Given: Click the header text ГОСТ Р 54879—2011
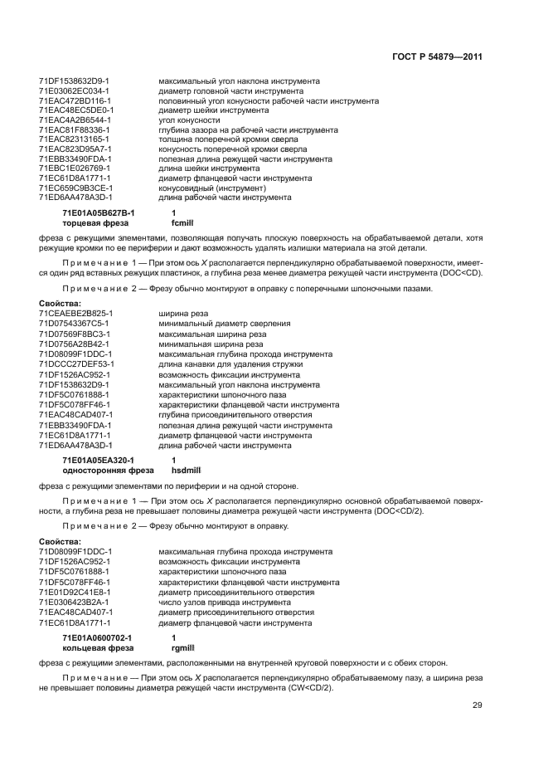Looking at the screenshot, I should click(x=436, y=57).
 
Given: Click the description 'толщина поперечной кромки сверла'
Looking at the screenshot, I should click(x=221, y=139).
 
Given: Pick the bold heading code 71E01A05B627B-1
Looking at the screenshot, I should click(x=98, y=213).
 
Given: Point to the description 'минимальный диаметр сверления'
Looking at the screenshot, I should click(x=217, y=324).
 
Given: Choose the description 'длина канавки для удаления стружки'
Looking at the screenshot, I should click(x=225, y=364).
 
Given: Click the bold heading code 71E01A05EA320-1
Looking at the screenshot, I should click(x=98, y=460).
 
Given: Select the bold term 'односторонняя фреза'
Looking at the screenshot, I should click(x=101, y=470).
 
